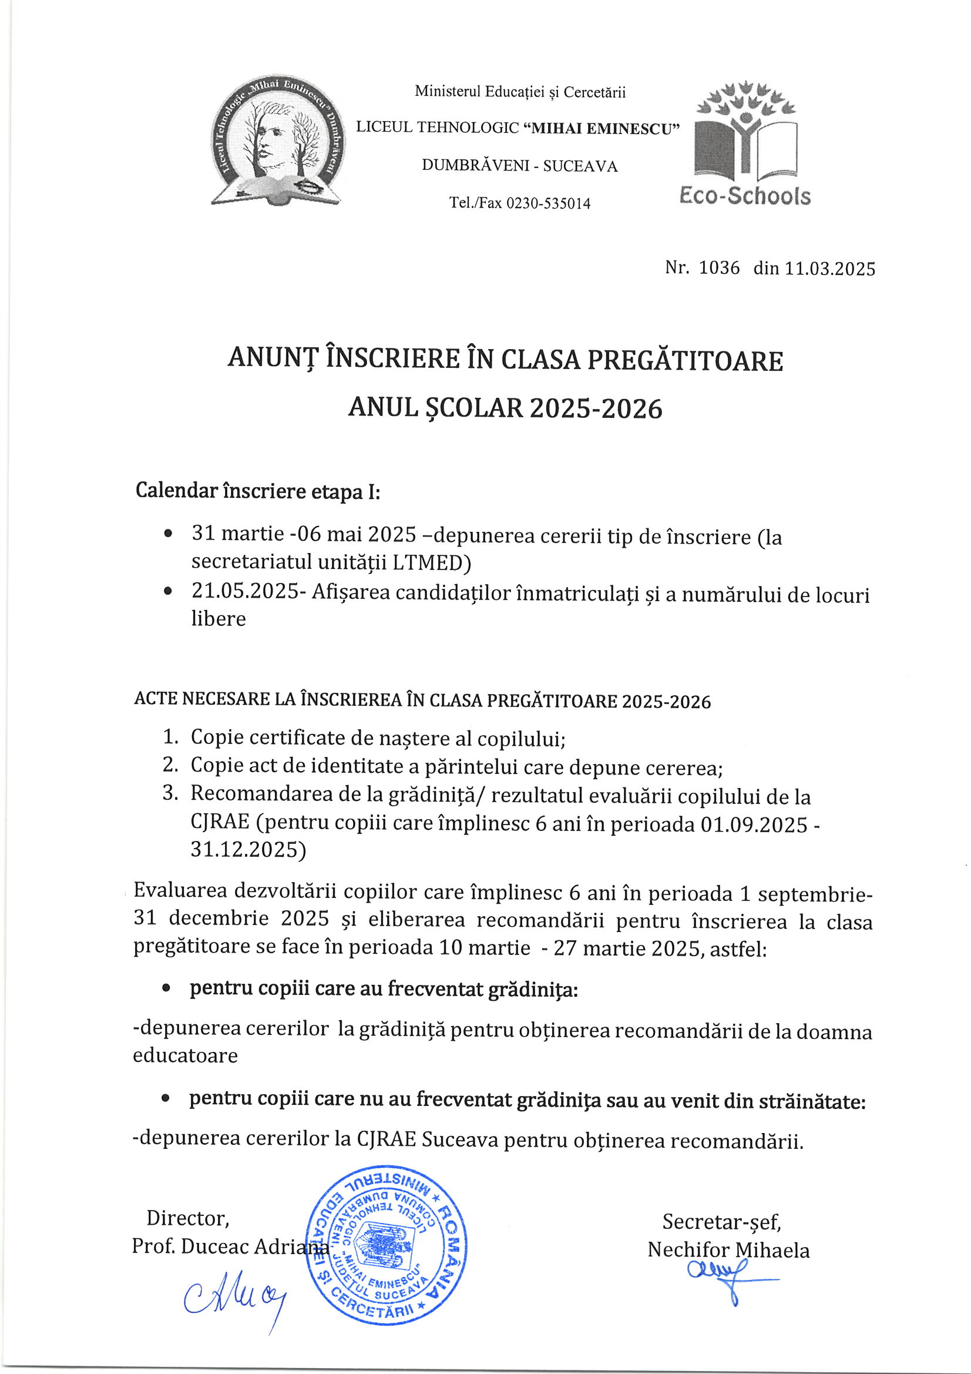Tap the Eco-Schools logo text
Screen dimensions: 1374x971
coord(745,196)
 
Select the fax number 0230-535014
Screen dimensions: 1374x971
coord(548,203)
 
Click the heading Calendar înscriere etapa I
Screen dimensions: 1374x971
coord(258,491)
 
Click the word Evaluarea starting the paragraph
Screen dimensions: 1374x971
coord(179,890)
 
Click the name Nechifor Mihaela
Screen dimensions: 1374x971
coord(728,1250)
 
